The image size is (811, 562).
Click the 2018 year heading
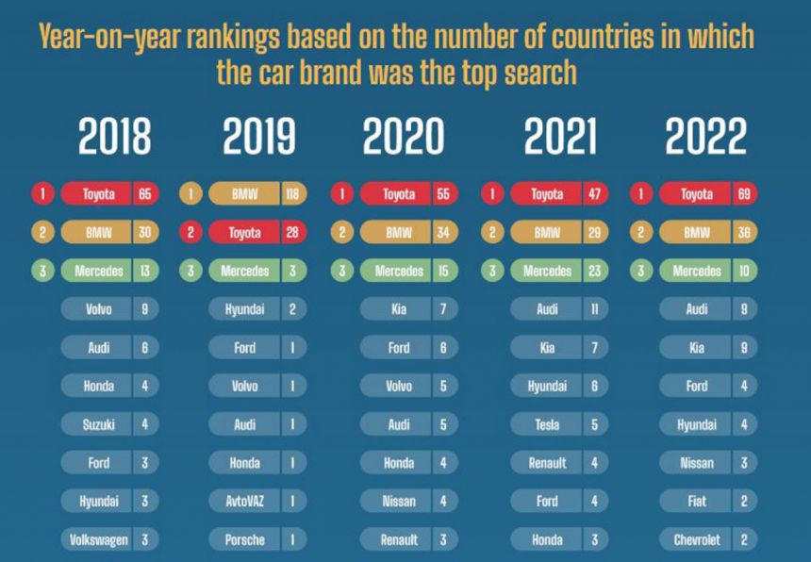(114, 138)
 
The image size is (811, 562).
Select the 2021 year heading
(560, 138)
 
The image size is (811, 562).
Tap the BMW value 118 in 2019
(293, 194)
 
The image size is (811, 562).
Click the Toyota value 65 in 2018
(145, 194)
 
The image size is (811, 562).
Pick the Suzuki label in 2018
(98, 424)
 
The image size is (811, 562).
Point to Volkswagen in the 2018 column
(98, 540)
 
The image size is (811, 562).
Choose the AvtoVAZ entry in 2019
(245, 502)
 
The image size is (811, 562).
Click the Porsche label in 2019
(245, 540)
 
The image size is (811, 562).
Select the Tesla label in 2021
(547, 424)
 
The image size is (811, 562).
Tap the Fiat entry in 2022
(696, 502)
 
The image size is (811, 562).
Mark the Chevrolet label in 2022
(696, 540)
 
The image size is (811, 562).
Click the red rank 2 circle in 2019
(191, 233)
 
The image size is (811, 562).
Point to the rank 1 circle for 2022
(641, 194)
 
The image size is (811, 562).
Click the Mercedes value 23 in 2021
(595, 271)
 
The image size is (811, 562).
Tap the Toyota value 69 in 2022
(743, 194)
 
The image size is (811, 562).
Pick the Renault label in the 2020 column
(399, 540)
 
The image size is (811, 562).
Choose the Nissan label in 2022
(696, 463)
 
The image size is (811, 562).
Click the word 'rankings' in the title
(234, 37)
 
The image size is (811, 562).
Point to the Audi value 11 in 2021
(595, 309)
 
